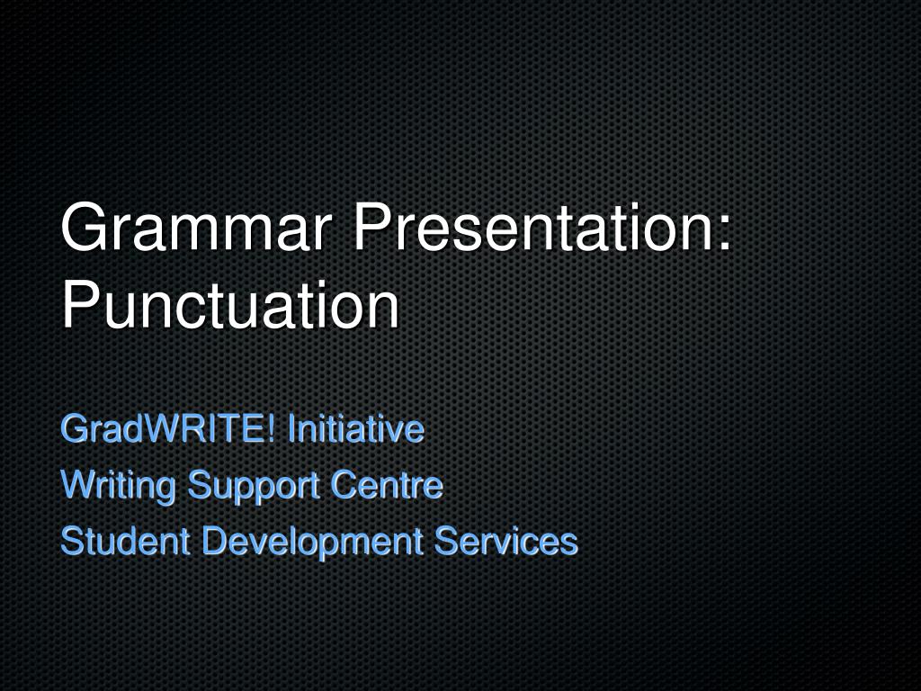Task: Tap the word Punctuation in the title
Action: (x=230, y=306)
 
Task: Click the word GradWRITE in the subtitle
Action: (x=163, y=429)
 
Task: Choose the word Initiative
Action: (x=355, y=429)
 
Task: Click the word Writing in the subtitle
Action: (x=118, y=486)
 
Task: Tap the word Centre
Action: (x=387, y=486)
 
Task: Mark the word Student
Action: (x=125, y=542)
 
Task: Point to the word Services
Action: (x=505, y=542)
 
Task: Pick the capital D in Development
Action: (x=211, y=542)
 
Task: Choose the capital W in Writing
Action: (x=76, y=486)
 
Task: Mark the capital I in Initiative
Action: (x=291, y=429)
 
